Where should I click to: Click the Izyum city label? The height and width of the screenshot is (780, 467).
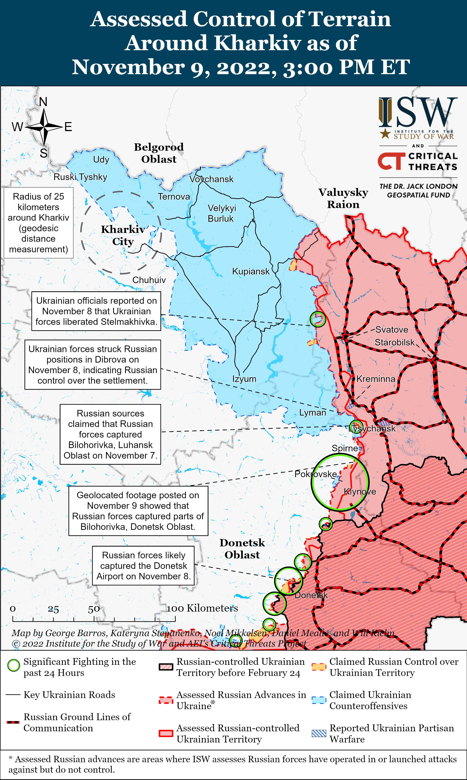click(244, 379)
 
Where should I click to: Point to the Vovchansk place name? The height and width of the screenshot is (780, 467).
click(212, 179)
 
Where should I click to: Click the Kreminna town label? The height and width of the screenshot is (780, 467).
click(376, 379)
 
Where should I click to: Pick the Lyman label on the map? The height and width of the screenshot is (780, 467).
click(312, 413)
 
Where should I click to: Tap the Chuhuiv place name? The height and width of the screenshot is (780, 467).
click(149, 280)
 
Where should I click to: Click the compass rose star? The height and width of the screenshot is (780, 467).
click(44, 127)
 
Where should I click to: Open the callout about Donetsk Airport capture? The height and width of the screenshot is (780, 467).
click(144, 566)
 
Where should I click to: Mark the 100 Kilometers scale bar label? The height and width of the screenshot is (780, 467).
click(202, 608)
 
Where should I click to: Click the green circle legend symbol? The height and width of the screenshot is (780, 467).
click(14, 665)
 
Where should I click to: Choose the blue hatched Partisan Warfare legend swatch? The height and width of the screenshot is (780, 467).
click(319, 733)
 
